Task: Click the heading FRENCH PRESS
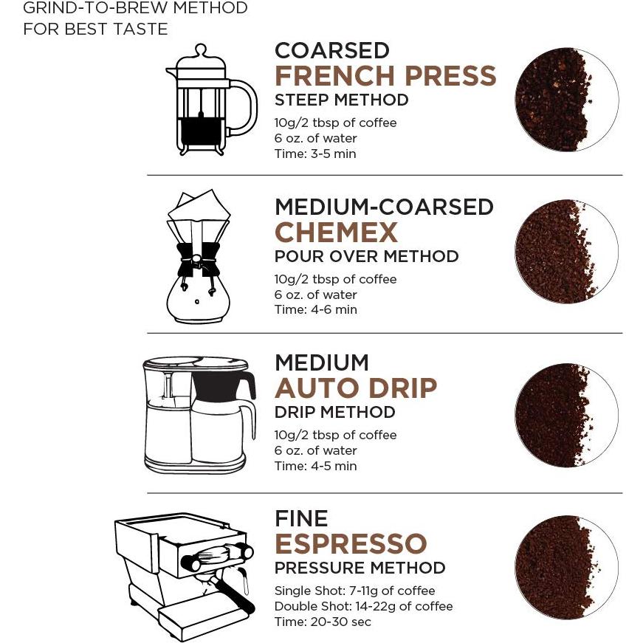point(385,76)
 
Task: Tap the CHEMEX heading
point(336,233)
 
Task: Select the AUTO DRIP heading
point(355,388)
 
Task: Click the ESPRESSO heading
point(351,544)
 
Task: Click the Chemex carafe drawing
point(198,257)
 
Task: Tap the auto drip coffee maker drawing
point(199,414)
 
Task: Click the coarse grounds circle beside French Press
point(566,100)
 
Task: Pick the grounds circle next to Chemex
point(566,251)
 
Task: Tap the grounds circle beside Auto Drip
point(566,415)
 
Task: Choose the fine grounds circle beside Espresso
point(566,567)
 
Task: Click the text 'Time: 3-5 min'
point(315,154)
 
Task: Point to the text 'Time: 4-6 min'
point(315,309)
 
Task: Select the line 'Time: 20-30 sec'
point(323,622)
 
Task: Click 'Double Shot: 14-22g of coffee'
point(363,606)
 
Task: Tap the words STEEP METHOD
point(341,100)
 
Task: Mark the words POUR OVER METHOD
point(366,256)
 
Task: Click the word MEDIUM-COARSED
point(384,207)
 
